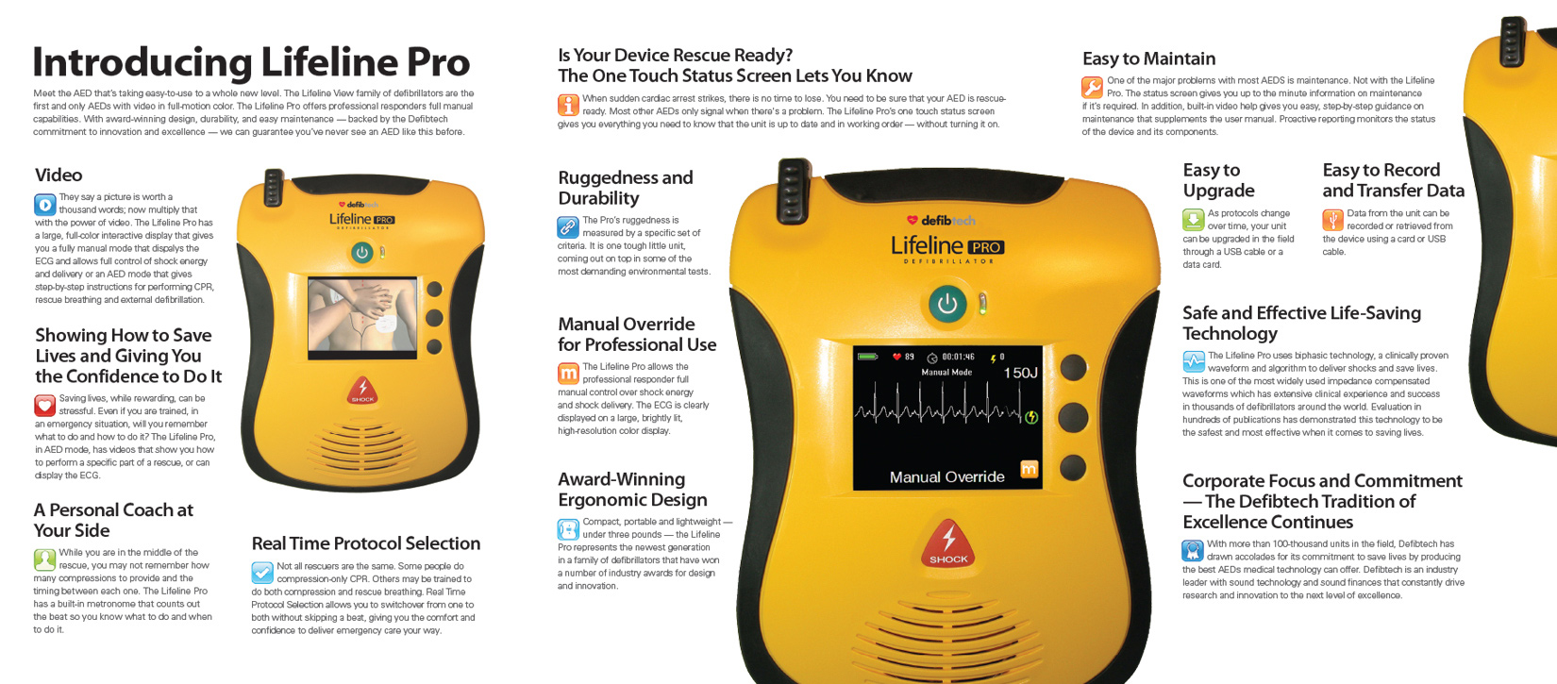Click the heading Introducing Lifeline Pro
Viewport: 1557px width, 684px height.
pyautogui.click(x=251, y=62)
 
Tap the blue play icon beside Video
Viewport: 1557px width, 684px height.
pyautogui.click(x=44, y=204)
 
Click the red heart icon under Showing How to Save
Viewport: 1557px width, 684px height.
pyautogui.click(x=44, y=406)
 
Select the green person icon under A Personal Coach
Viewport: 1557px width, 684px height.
pyautogui.click(x=44, y=559)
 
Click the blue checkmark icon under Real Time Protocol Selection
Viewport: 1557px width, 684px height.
pyautogui.click(x=262, y=573)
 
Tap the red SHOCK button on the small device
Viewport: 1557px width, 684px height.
pyautogui.click(x=362, y=390)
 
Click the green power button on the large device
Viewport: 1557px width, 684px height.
pyautogui.click(x=946, y=304)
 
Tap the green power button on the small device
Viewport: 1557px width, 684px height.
pyautogui.click(x=361, y=252)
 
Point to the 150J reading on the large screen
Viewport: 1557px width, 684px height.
pyautogui.click(x=1020, y=373)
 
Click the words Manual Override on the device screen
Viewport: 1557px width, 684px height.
pyautogui.click(x=946, y=477)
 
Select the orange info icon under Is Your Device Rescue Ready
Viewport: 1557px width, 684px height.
pyautogui.click(x=568, y=105)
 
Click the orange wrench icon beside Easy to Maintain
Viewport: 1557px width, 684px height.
pyautogui.click(x=1092, y=88)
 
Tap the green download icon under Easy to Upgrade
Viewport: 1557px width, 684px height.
pyautogui.click(x=1193, y=220)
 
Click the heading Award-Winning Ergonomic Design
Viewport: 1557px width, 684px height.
pyautogui.click(x=632, y=490)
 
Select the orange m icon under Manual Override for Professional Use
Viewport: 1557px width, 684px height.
pyautogui.click(x=568, y=374)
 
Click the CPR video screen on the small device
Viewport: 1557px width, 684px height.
pyautogui.click(x=362, y=314)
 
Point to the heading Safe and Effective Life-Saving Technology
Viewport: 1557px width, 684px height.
pyautogui.click(x=1301, y=323)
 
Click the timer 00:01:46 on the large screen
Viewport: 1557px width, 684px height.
pyautogui.click(x=957, y=358)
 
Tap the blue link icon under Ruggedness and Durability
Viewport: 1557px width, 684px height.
pyautogui.click(x=568, y=226)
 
